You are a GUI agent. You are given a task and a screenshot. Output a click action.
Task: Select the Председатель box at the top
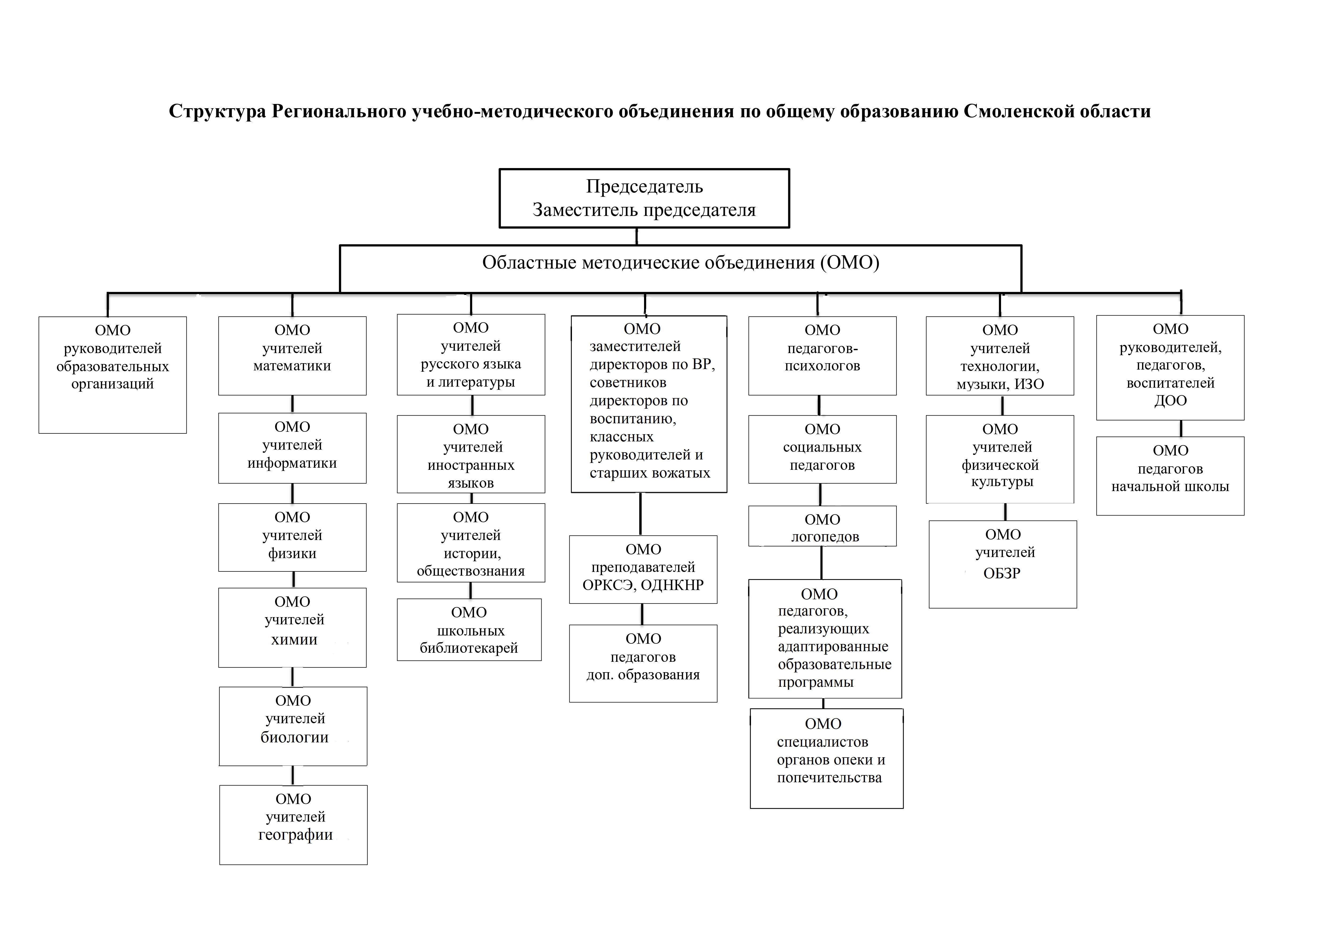click(x=644, y=198)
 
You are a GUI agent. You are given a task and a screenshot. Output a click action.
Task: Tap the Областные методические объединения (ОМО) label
click(x=681, y=262)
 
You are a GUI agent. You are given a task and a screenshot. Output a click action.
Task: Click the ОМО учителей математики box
click(x=292, y=355)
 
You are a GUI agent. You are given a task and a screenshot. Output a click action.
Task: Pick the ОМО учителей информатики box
click(x=292, y=448)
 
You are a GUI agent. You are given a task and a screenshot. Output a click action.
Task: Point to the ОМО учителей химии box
click(x=292, y=627)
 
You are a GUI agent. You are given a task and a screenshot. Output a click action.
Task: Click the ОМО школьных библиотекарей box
click(x=469, y=630)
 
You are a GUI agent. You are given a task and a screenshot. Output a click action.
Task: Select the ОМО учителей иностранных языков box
click(x=471, y=454)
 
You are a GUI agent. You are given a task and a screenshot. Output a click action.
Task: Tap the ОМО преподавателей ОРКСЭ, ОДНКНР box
click(x=643, y=569)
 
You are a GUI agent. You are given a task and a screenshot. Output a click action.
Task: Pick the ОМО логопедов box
click(x=822, y=526)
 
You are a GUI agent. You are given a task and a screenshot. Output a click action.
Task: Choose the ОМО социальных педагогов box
click(x=822, y=449)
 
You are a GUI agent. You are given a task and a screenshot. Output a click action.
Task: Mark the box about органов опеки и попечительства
click(x=827, y=758)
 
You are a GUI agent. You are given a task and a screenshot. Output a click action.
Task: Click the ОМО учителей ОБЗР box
click(x=1003, y=564)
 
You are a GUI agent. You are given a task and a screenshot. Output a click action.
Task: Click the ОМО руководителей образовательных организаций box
click(x=113, y=375)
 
